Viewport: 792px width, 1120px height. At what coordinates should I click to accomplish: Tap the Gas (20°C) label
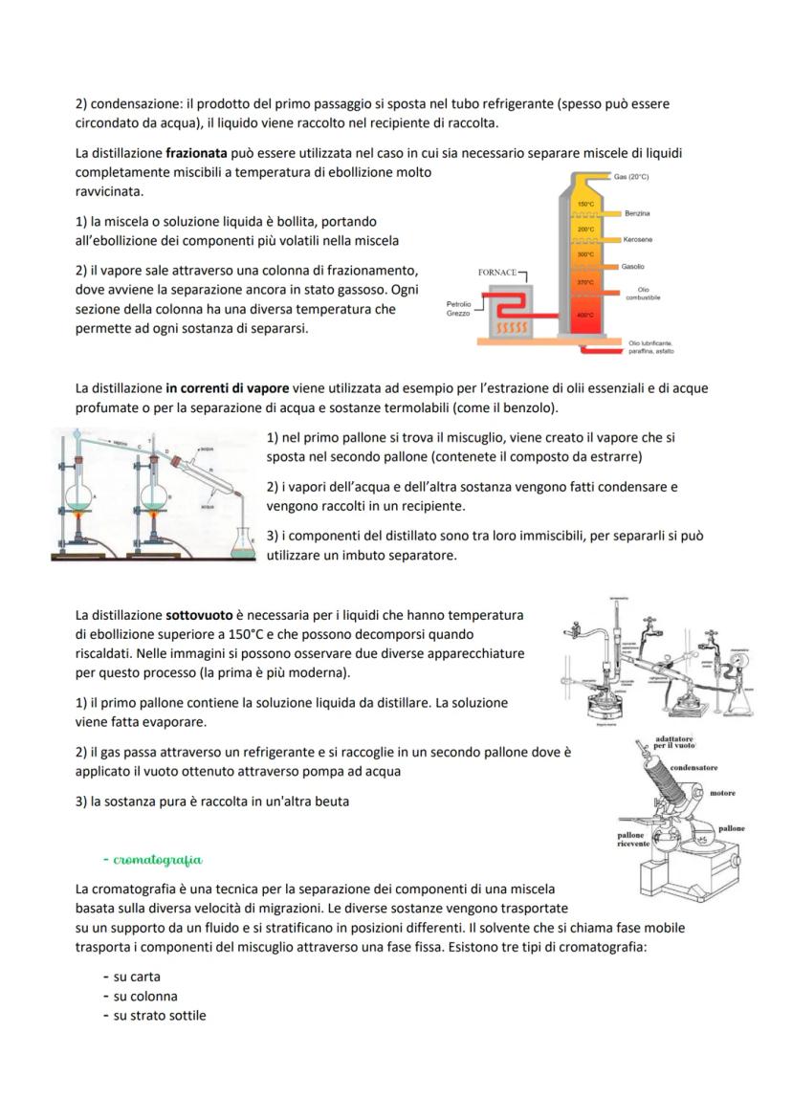[x=631, y=177]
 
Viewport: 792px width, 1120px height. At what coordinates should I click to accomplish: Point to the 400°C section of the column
[x=586, y=315]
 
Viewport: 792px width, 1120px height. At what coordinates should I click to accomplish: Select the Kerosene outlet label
[x=638, y=239]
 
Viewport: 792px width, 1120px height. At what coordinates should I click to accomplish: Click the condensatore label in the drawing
[x=693, y=768]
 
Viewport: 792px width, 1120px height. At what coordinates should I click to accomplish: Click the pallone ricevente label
[x=633, y=839]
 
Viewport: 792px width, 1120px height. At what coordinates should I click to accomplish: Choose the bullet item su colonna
[x=145, y=996]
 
